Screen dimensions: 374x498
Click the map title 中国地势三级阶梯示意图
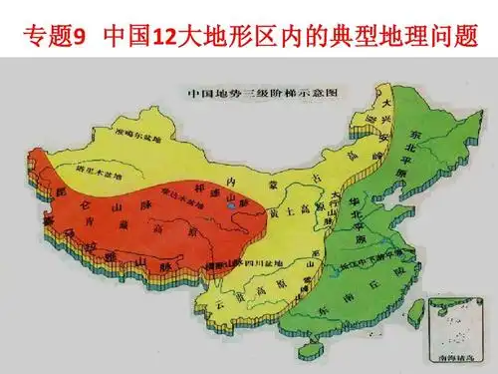click(x=262, y=95)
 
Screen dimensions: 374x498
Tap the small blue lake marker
click(x=230, y=205)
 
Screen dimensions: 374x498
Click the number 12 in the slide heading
click(x=164, y=40)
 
